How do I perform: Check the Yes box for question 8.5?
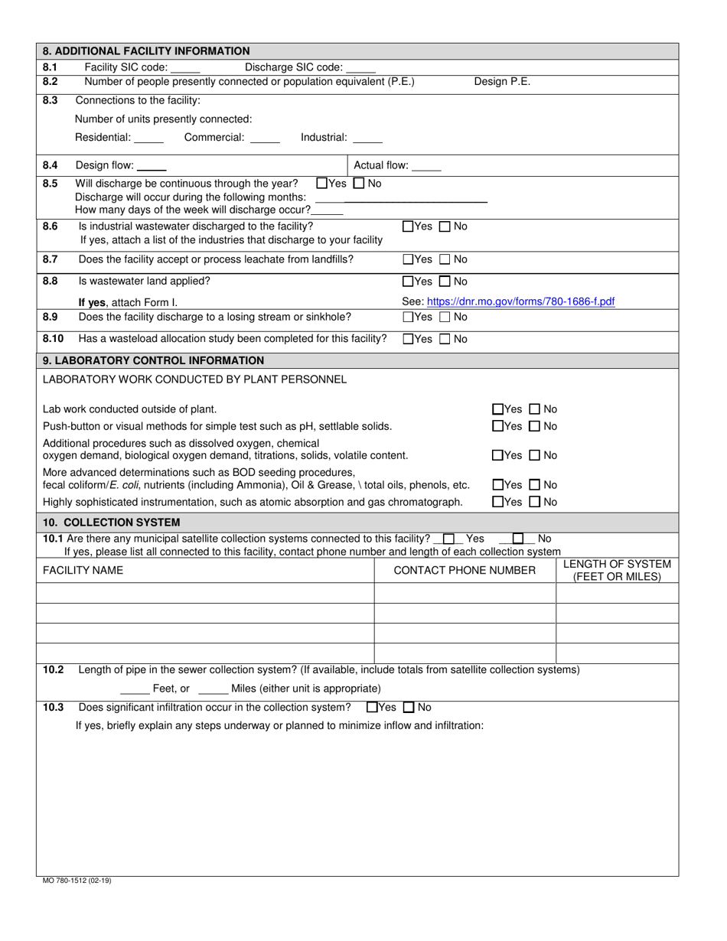(x=321, y=184)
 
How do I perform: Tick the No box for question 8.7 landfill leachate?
(x=445, y=259)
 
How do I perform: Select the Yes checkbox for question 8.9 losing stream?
(x=407, y=317)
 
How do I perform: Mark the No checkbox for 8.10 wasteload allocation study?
(x=445, y=339)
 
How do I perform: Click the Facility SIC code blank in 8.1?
(x=186, y=68)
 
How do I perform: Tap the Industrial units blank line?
(x=368, y=138)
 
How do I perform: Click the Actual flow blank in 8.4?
(x=427, y=166)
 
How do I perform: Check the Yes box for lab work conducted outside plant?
(x=497, y=409)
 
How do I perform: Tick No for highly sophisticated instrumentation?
(x=535, y=503)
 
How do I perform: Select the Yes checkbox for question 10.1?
(x=449, y=539)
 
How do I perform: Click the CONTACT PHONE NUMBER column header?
(x=465, y=570)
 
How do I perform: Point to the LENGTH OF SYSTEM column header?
(x=617, y=570)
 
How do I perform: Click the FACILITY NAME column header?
(x=83, y=570)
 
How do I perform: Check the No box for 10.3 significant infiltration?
(x=409, y=708)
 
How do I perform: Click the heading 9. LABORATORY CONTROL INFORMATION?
(x=154, y=360)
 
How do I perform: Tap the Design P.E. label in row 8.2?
(x=502, y=82)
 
